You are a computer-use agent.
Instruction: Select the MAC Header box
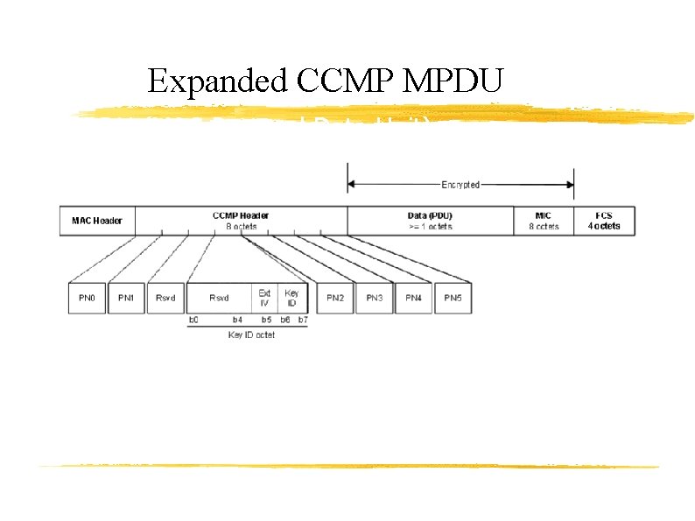pos(97,221)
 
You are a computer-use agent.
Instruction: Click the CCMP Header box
pos(241,221)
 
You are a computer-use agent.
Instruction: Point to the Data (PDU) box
pos(430,221)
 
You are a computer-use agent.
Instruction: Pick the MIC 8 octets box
pos(544,221)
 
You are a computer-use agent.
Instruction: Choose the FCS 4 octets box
pos(604,221)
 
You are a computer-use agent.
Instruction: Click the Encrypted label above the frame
pos(460,185)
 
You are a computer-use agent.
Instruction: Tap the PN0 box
pos(87,298)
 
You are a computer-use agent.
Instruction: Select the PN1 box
pos(127,298)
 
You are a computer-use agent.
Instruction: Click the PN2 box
pos(335,298)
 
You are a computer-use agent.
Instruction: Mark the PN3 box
pos(375,298)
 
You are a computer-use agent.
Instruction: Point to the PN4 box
pos(413,298)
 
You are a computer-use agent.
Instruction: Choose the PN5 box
pos(453,298)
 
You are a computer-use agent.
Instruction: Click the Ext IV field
pos(264,298)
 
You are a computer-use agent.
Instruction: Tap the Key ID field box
pos(291,298)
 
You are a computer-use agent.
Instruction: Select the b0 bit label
pos(193,320)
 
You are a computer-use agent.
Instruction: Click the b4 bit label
pos(237,320)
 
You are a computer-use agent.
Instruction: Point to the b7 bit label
pos(302,320)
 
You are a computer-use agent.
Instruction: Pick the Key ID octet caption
pos(251,334)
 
